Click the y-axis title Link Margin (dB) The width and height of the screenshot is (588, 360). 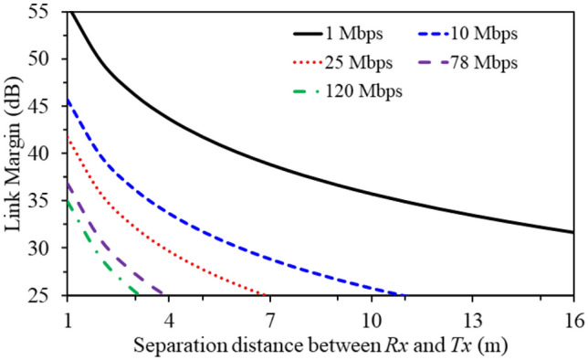pyautogui.click(x=16, y=154)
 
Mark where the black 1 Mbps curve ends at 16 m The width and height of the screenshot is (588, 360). pyautogui.click(x=572, y=232)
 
